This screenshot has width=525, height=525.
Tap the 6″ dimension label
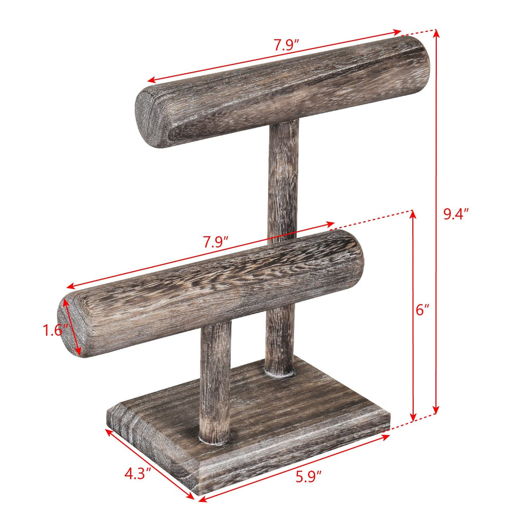point(423,310)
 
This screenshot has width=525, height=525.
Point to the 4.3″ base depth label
point(138,473)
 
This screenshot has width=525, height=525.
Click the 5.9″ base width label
point(308,477)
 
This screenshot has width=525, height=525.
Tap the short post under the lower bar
point(215,379)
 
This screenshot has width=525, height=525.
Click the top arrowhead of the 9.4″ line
point(436,33)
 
